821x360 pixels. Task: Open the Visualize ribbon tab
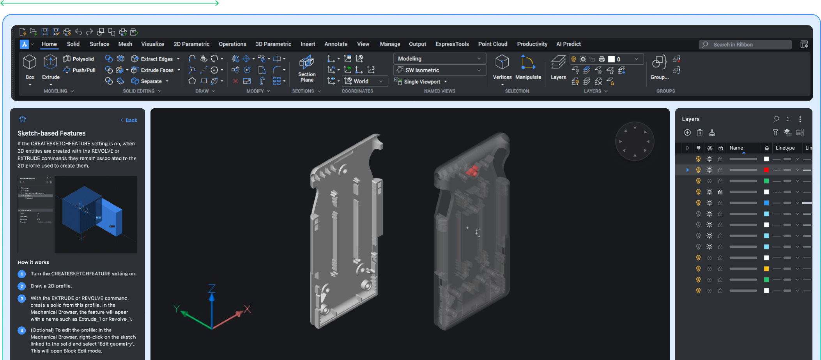[x=152, y=44]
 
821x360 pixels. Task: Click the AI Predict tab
[x=568, y=44]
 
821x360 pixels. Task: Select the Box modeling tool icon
[x=30, y=62]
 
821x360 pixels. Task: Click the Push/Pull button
[x=80, y=70]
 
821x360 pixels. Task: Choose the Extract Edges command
[x=156, y=59]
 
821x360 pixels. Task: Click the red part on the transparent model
[x=472, y=171]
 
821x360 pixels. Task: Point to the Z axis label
[x=212, y=288]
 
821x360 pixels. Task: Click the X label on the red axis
[x=247, y=309]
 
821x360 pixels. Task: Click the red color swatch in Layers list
[x=766, y=170]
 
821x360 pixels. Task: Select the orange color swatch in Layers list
[x=766, y=269]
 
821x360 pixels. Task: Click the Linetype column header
[x=785, y=148]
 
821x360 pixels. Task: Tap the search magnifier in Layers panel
[x=776, y=119]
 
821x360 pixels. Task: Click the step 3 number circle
[x=22, y=298]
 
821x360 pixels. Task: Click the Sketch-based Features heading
[x=51, y=133]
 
